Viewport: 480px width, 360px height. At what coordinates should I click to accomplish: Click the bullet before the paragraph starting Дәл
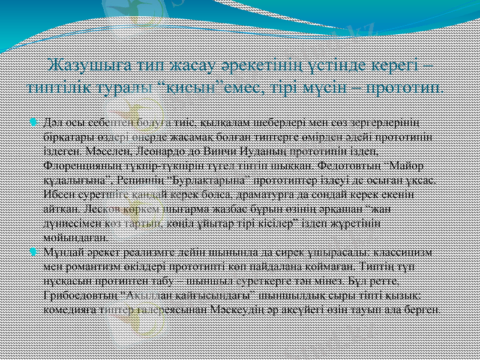click(x=33, y=123)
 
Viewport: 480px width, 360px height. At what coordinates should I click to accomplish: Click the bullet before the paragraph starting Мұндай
click(x=33, y=251)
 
